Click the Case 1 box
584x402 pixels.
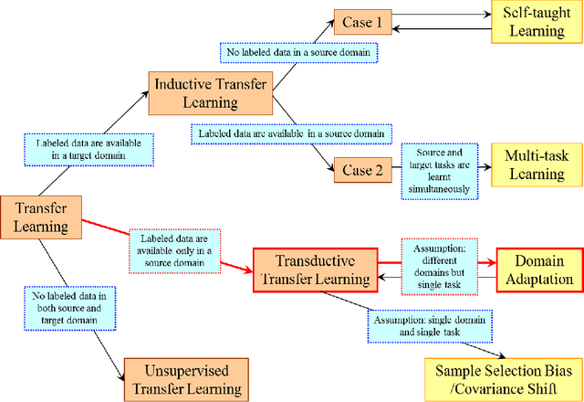(x=361, y=20)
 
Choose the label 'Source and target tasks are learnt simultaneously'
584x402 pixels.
(x=441, y=169)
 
